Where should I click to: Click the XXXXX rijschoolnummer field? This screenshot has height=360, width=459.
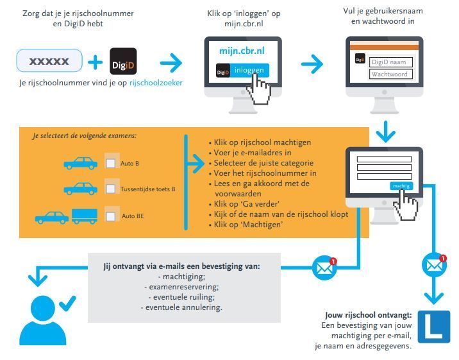(x=49, y=60)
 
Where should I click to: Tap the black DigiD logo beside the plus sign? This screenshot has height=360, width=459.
(x=123, y=62)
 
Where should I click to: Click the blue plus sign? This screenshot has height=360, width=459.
(x=95, y=62)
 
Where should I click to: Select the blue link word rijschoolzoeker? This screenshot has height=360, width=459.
(x=156, y=83)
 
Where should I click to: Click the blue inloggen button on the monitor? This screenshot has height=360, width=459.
(x=242, y=71)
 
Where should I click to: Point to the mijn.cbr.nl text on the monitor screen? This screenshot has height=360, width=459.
(x=242, y=51)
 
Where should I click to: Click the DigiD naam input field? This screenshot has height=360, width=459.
(x=391, y=62)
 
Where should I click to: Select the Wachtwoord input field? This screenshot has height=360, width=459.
(x=391, y=74)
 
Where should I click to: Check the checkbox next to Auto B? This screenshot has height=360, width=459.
(x=110, y=163)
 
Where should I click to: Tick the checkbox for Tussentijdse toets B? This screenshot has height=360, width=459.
(x=110, y=189)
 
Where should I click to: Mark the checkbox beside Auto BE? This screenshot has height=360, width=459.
(x=110, y=216)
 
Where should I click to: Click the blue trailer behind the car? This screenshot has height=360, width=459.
(x=85, y=216)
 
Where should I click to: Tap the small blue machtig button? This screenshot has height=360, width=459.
(x=401, y=185)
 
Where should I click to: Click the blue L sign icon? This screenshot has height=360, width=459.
(x=434, y=327)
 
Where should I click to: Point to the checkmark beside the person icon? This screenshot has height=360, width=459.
(x=67, y=304)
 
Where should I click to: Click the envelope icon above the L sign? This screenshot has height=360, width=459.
(x=434, y=265)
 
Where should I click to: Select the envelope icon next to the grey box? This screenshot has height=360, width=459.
(x=324, y=268)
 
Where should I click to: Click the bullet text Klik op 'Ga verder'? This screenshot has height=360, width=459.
(x=246, y=204)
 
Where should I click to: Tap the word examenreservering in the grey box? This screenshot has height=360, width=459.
(x=184, y=287)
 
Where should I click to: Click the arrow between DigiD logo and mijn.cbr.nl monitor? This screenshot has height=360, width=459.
(x=171, y=62)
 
